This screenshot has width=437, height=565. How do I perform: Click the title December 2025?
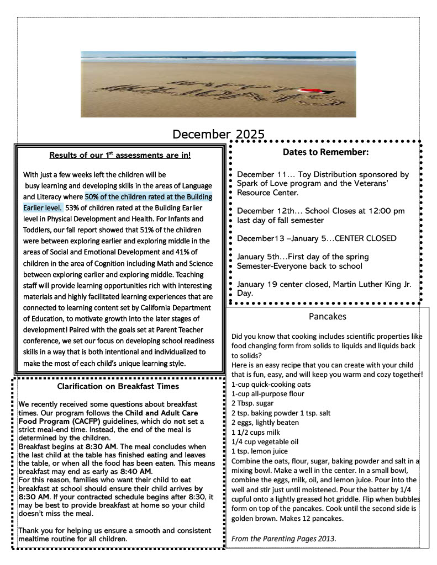[x=218, y=134]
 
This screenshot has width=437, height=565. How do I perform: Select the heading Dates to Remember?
[x=325, y=152]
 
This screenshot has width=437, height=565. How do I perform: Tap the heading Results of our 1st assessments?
[x=120, y=155]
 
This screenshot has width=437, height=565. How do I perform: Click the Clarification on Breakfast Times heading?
[x=118, y=386]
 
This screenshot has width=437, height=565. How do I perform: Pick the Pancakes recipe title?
[x=328, y=316]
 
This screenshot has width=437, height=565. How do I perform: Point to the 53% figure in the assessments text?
[x=72, y=208]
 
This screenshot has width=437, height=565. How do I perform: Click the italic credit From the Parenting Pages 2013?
[x=284, y=538]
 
